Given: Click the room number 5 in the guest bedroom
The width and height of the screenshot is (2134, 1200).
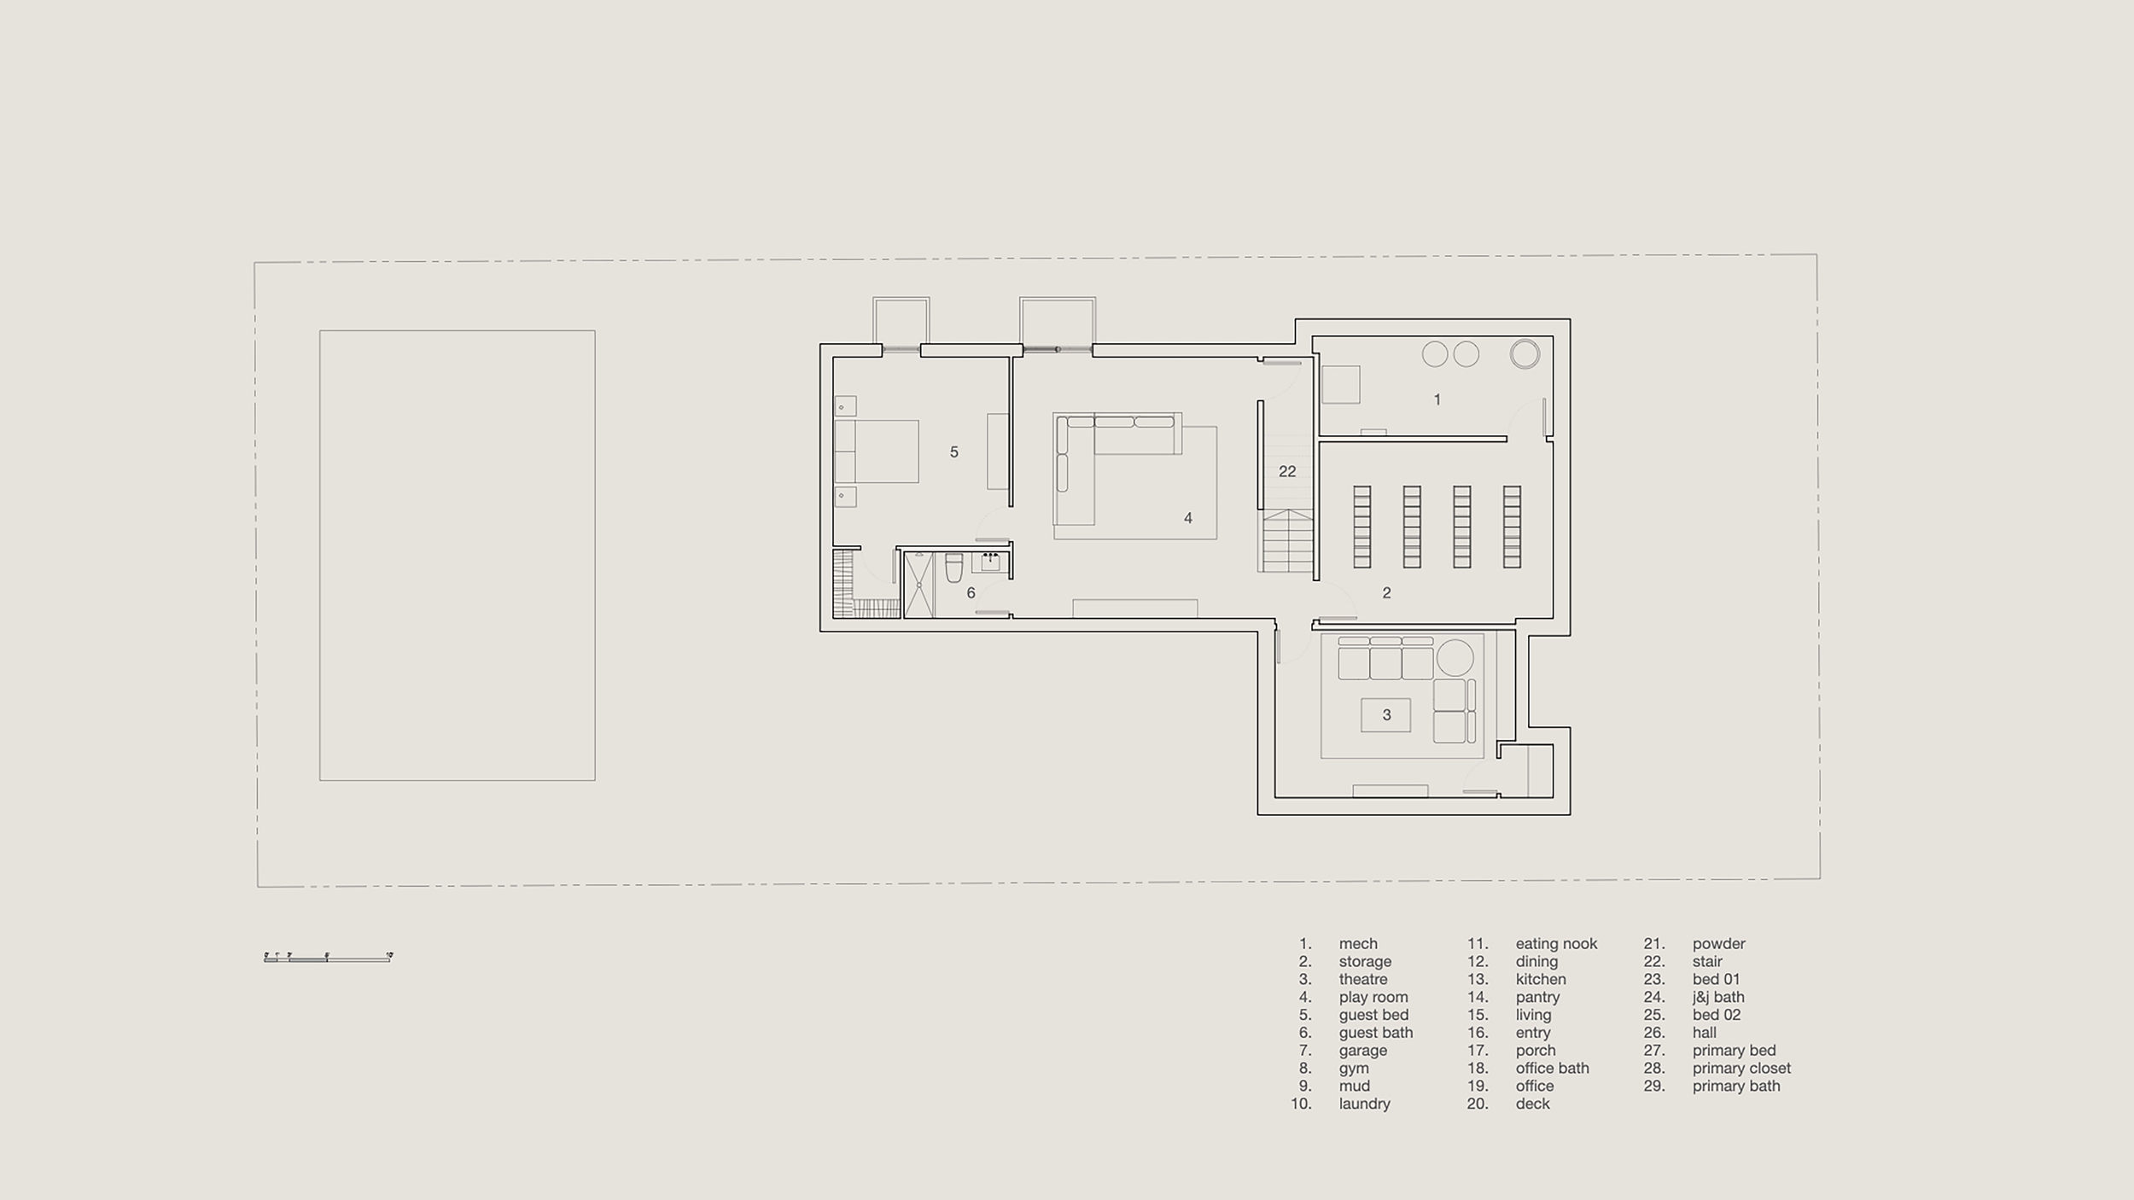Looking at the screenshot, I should click(953, 452).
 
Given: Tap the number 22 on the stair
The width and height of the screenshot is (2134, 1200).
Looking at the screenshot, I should click(1287, 471).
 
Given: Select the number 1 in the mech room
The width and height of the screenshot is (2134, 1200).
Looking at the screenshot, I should click(1437, 399).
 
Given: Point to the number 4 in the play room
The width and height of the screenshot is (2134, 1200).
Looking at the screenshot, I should click(1187, 518).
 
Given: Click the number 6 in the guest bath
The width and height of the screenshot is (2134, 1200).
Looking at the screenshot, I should click(971, 593).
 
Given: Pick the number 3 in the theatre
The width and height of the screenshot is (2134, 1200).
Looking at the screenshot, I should click(1386, 715).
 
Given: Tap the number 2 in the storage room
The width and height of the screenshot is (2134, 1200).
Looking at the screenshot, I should click(1386, 593).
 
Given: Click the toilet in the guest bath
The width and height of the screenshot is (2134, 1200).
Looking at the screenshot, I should click(954, 568).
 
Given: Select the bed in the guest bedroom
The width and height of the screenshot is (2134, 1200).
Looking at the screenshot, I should click(877, 451).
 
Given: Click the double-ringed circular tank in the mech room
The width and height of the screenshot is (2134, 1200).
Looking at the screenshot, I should click(1525, 354).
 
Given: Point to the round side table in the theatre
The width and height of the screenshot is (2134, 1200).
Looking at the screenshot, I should click(1455, 658).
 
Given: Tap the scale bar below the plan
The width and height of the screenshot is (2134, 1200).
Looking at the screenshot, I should click(328, 958).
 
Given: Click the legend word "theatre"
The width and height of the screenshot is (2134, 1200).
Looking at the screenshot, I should click(1362, 979).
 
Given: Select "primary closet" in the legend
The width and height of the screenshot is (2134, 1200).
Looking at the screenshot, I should click(1741, 1068).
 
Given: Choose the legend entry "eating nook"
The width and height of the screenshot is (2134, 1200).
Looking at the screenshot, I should click(1556, 943).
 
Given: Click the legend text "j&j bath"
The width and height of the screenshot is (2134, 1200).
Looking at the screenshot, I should click(1718, 997).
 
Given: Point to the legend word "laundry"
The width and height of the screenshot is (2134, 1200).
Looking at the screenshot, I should click(1364, 1104).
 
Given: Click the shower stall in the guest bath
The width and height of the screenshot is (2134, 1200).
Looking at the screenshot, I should click(918, 585).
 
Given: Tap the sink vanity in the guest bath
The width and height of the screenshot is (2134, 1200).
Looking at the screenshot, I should click(990, 562).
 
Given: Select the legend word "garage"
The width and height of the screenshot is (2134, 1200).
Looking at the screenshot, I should click(1362, 1050).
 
